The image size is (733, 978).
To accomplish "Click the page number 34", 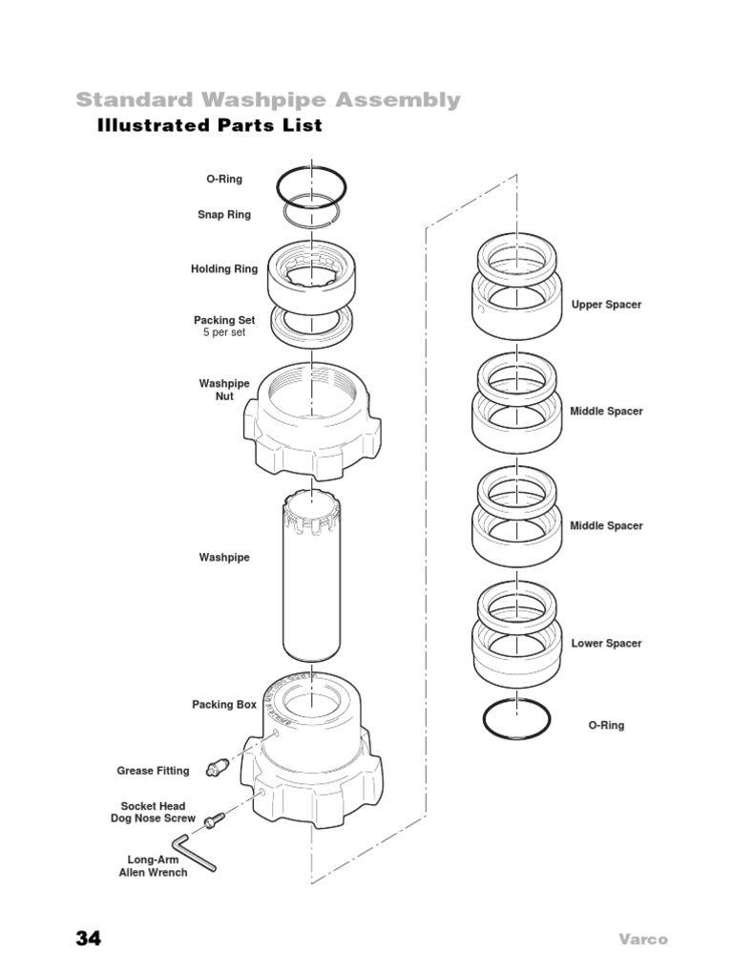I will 88,939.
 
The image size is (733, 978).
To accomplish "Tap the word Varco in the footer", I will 641,940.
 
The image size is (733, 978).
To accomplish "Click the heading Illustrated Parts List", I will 209,126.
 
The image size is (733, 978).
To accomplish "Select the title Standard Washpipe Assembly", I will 267,99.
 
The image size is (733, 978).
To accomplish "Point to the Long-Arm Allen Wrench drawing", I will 194,853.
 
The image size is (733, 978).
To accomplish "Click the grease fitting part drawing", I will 219,766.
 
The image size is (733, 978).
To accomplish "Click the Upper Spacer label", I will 606,305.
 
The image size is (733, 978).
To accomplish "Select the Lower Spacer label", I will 606,644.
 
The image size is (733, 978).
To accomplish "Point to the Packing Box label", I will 224,705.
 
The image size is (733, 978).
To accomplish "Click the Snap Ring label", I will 224,215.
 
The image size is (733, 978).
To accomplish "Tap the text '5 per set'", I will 224,333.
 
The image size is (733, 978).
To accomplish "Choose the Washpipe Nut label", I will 224,390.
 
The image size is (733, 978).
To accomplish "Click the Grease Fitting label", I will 153,771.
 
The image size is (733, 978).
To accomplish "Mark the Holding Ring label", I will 224,269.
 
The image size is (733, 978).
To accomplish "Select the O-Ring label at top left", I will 224,179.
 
